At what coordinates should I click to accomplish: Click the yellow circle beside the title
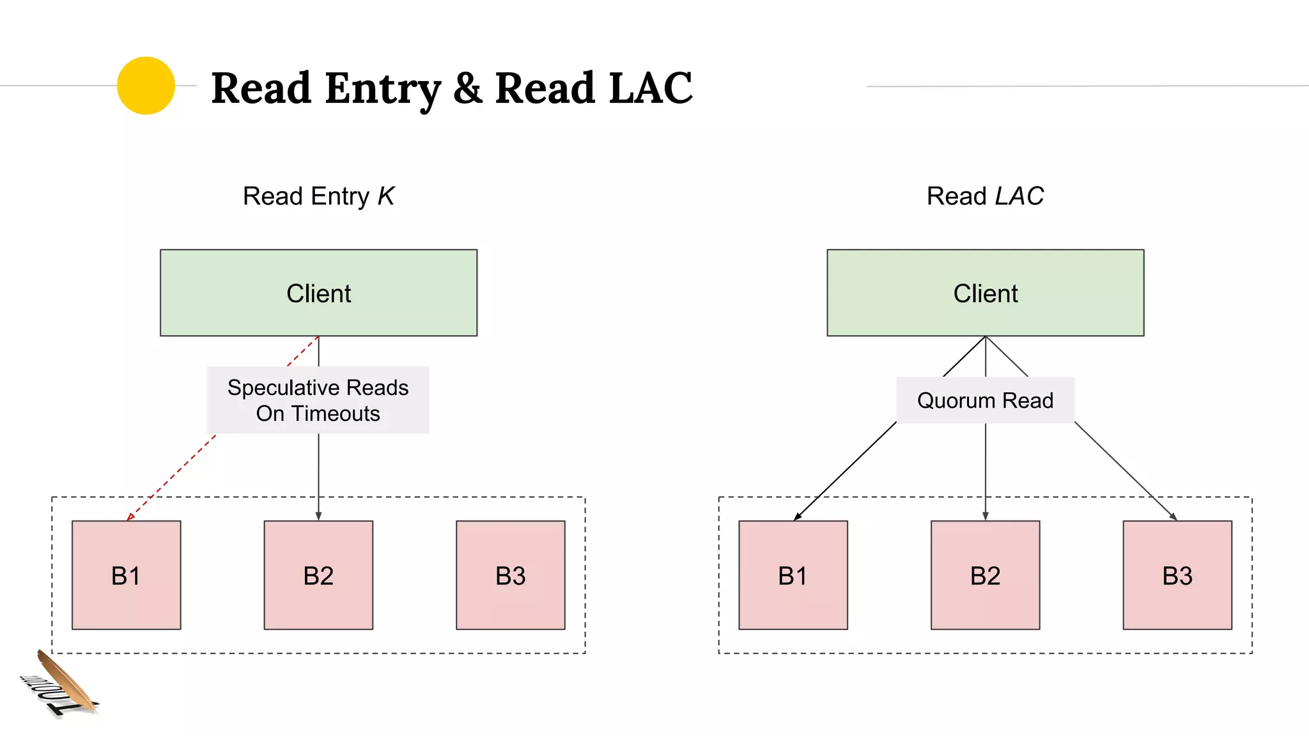tap(146, 86)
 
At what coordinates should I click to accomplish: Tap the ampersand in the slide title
tap(468, 88)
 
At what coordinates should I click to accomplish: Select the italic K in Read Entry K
tap(385, 196)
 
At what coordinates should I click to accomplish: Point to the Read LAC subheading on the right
tap(985, 196)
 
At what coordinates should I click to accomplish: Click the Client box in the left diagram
tap(318, 293)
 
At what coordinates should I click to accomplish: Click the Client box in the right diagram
tap(985, 293)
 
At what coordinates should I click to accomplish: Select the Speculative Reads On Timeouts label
tap(318, 401)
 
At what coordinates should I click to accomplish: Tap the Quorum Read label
tap(985, 401)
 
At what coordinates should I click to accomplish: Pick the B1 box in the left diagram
tap(126, 575)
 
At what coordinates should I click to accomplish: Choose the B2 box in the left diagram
tap(318, 575)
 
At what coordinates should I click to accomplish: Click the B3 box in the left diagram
tap(510, 575)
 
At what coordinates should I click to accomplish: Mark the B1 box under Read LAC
tap(793, 575)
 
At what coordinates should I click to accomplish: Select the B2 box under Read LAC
tap(985, 575)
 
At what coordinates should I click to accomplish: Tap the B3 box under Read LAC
tap(1177, 575)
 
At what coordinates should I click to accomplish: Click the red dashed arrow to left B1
tap(173, 476)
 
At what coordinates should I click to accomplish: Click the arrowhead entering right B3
tap(1173, 516)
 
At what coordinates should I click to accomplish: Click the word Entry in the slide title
tap(382, 88)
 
